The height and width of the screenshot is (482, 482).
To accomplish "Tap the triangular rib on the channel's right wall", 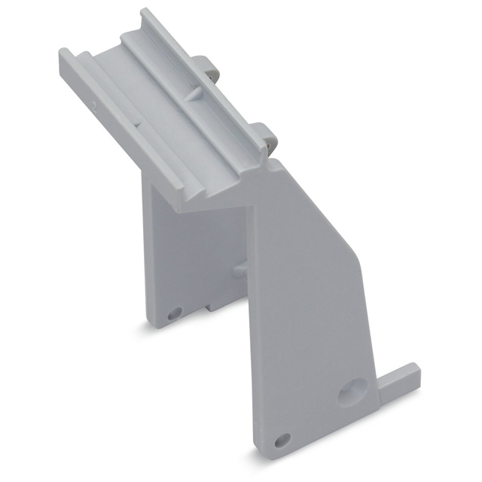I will (x=193, y=94).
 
